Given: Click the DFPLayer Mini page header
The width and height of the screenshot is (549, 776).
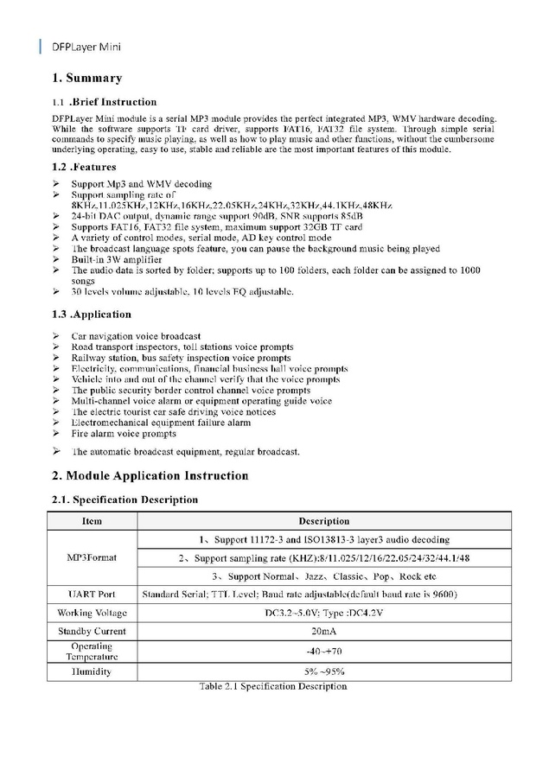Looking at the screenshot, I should click(x=86, y=46).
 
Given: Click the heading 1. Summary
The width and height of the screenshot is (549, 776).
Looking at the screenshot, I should click(x=86, y=79).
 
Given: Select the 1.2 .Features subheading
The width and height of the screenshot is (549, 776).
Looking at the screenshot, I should click(x=84, y=167).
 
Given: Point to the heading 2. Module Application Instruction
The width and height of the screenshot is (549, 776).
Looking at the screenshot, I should click(x=150, y=475).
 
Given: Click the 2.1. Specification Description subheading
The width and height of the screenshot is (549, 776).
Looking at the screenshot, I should click(x=124, y=499).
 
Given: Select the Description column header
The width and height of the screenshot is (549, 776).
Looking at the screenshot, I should click(x=323, y=521).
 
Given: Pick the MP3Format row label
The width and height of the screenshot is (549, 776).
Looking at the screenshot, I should click(x=92, y=557).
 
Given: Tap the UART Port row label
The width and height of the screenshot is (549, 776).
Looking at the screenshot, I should click(x=92, y=595).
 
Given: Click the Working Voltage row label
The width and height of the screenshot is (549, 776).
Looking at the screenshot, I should click(x=92, y=613).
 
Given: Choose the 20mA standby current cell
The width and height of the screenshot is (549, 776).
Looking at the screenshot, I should click(x=323, y=631).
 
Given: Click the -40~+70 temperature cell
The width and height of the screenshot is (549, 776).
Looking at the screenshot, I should click(x=323, y=651).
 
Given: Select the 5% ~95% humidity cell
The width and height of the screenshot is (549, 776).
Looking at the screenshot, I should click(x=323, y=671).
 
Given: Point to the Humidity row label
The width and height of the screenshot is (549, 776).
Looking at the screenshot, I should click(x=92, y=671).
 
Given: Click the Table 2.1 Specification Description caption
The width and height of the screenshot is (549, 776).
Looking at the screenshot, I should click(x=272, y=686).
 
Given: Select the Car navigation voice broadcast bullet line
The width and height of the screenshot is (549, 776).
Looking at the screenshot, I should click(x=136, y=335).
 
